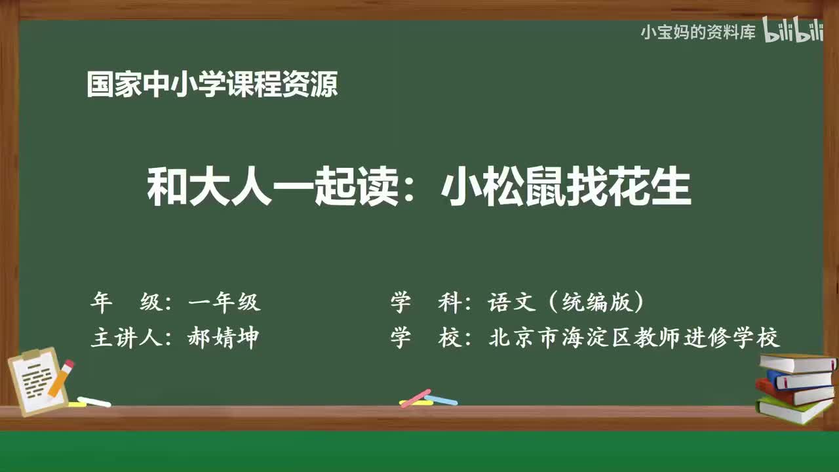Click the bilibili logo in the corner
793,32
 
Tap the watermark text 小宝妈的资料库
698,32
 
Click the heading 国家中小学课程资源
212,85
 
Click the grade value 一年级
224,302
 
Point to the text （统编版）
595,302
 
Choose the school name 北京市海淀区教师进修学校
634,338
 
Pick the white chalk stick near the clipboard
94,401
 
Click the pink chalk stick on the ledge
415,398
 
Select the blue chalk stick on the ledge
441,399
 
